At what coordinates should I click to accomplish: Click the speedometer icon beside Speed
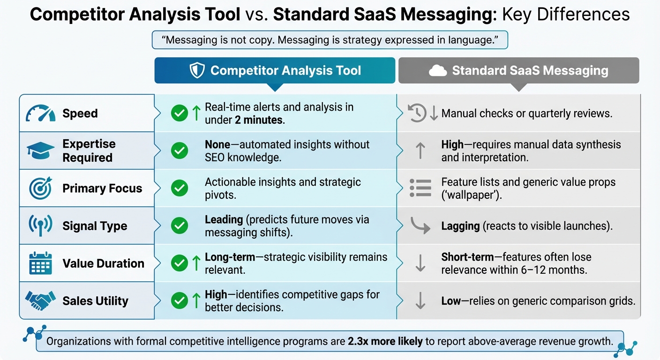41,113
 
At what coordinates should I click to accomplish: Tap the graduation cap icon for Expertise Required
40,150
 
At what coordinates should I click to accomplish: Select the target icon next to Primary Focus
40,188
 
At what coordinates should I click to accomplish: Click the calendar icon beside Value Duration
40,263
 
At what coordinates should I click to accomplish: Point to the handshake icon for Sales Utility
40,300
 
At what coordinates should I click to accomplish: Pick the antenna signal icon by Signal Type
40,226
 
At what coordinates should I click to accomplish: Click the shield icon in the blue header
197,71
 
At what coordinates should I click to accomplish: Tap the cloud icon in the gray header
437,71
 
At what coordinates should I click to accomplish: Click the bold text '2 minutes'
259,120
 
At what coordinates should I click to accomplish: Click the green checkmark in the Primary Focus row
180,188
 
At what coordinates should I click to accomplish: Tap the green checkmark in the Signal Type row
180,226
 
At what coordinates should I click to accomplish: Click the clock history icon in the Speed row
417,113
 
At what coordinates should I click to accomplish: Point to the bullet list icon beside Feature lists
420,188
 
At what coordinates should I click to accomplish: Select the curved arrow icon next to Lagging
420,225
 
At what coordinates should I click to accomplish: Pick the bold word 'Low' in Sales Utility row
451,301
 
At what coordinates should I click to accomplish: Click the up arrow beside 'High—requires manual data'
420,151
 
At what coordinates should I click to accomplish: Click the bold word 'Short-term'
467,257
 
